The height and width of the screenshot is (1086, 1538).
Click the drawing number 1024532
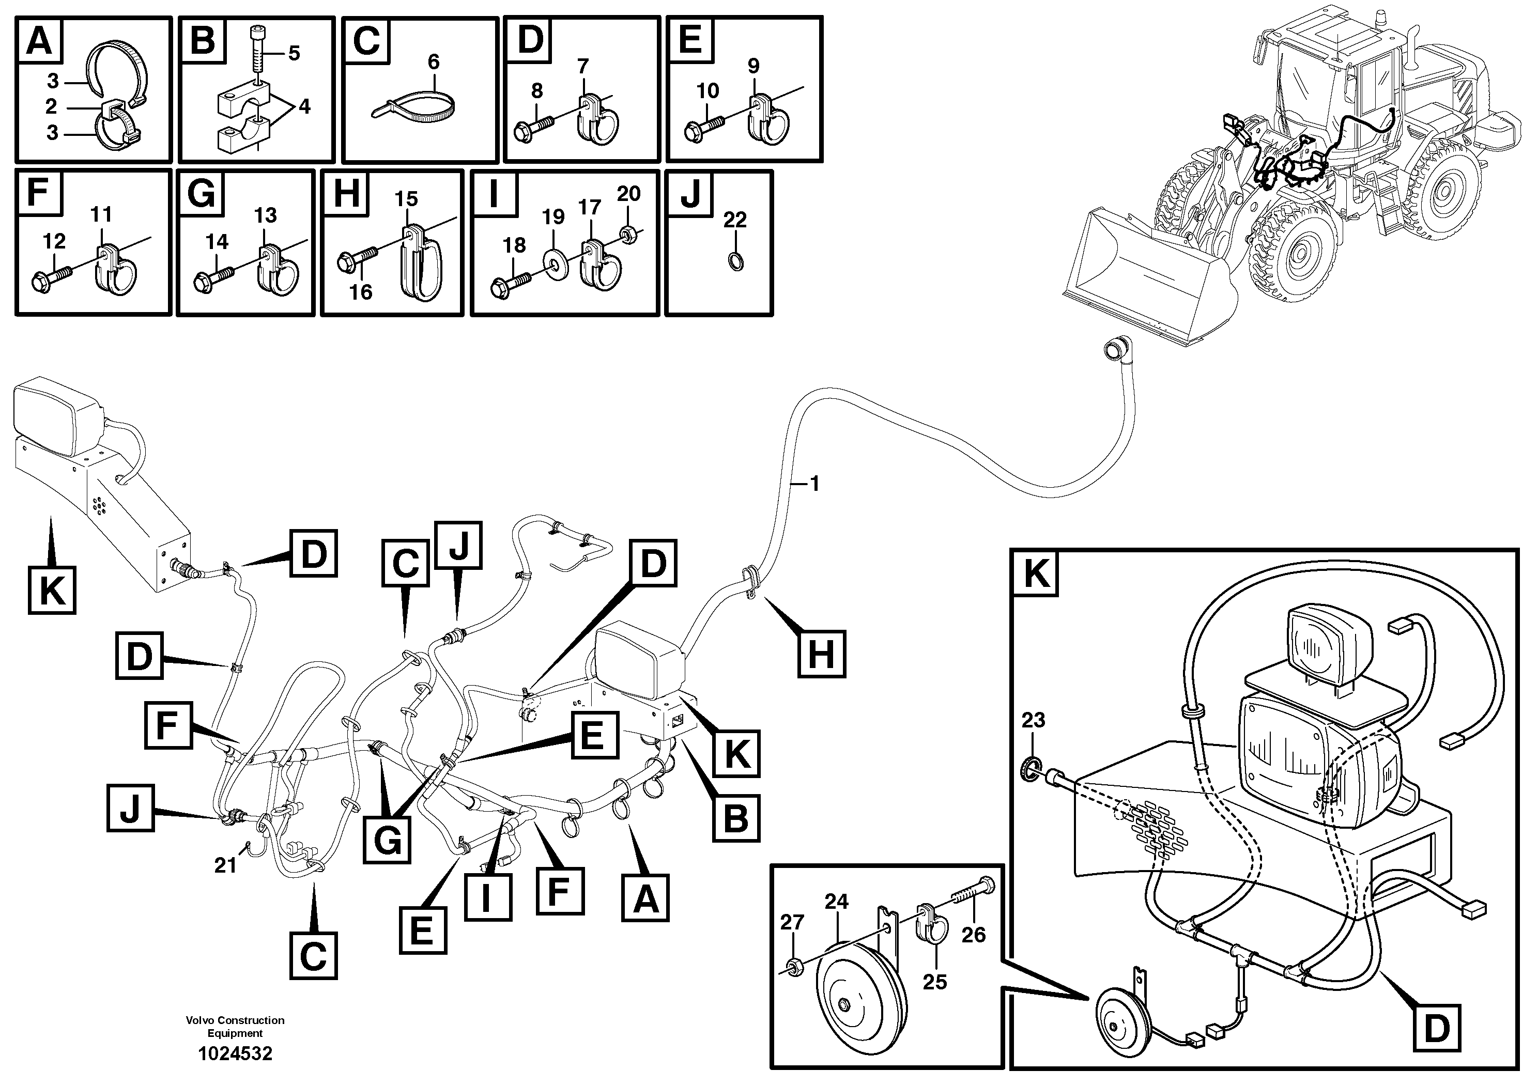[235, 1054]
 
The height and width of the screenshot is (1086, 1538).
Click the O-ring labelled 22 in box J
[735, 261]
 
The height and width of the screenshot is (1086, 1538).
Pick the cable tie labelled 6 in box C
[416, 107]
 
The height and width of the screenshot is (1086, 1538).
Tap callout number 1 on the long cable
[814, 484]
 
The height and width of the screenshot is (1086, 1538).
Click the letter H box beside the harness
[822, 654]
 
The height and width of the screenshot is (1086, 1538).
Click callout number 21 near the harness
[225, 866]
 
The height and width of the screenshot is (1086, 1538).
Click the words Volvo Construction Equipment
[235, 1027]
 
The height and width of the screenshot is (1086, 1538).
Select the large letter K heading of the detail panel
[1036, 574]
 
